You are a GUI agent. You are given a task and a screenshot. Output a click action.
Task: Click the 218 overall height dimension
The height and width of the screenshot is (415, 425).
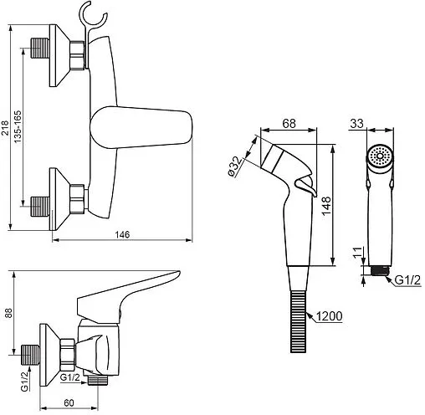(5, 128)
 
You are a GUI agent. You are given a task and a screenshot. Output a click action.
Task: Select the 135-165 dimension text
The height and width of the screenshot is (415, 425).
(18, 127)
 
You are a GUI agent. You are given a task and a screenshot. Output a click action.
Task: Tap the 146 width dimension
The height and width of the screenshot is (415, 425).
(123, 234)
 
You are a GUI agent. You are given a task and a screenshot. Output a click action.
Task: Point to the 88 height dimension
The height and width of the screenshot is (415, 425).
(8, 313)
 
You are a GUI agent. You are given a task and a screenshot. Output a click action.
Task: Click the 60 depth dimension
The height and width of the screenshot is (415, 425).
(69, 402)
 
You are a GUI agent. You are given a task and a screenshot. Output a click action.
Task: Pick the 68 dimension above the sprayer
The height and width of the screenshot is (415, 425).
(289, 123)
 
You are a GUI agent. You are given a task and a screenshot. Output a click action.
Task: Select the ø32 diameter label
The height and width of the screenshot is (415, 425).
(234, 167)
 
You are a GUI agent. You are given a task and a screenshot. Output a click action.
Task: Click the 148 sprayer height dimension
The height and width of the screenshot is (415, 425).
(326, 206)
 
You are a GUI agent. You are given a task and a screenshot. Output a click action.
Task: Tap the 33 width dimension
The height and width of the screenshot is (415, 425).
(356, 123)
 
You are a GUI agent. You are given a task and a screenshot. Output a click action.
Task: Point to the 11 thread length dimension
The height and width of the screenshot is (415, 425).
(358, 253)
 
